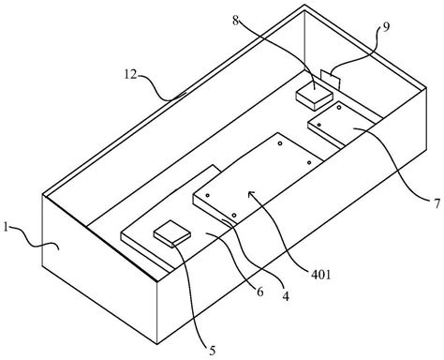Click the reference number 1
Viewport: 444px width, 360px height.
coord(6,227)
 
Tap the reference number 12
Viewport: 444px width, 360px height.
coord(131,74)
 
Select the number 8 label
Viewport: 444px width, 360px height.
coord(236,21)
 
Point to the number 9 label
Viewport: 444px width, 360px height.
coord(386,27)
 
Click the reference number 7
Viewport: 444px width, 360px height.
coord(437,203)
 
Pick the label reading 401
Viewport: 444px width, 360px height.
coord(321,275)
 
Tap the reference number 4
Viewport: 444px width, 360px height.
coord(286,296)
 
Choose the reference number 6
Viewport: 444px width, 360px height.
coord(260,292)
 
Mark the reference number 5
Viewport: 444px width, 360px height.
coord(213,351)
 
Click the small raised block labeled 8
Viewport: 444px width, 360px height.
coord(314,95)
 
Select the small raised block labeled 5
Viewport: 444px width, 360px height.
coord(172,233)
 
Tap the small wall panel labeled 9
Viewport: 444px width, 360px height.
coord(330,79)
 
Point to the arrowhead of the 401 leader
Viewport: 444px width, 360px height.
coord(249,193)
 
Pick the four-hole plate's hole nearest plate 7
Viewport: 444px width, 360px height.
coord(309,162)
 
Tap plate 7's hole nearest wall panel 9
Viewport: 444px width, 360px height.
coord(339,108)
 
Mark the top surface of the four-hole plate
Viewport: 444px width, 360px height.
coord(258,177)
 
